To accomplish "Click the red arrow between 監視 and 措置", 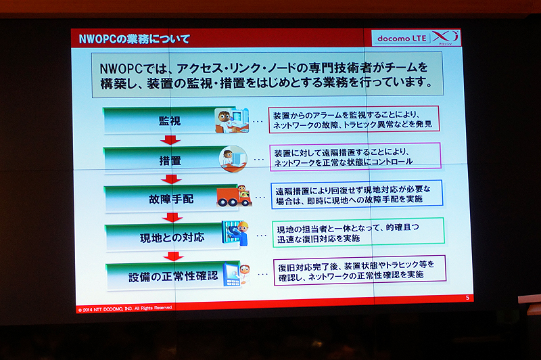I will coord(170,140).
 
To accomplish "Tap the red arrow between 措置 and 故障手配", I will coord(172,179).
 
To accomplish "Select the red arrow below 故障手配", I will coord(173,218).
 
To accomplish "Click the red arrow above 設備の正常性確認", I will coord(174,257).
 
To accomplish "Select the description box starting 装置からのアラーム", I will coord(354,119).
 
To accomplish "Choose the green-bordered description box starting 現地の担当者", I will coord(358,231).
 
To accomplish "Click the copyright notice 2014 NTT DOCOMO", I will coord(126,307).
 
